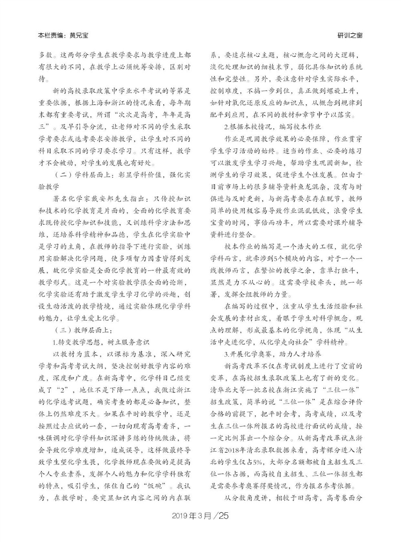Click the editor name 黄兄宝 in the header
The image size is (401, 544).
point(78,35)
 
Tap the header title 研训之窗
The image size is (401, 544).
point(350,35)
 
